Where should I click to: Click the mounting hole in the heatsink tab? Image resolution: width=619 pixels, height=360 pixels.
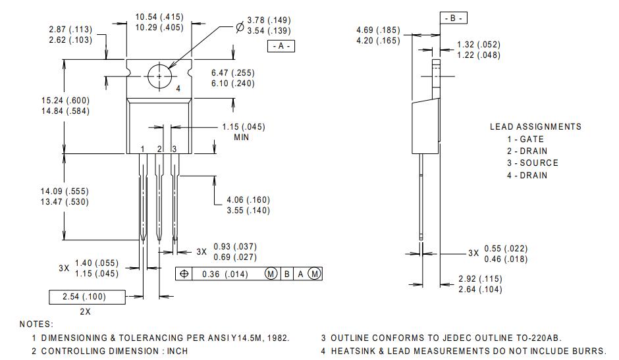point(159,76)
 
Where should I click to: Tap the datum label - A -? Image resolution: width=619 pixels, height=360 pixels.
point(281,46)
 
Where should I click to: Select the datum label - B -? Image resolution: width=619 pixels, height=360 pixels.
point(454,18)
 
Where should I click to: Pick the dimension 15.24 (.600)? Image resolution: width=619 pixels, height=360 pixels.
point(65,100)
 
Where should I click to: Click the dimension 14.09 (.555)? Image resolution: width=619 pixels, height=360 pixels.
point(65,191)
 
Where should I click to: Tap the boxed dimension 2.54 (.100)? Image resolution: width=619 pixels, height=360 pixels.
point(84,297)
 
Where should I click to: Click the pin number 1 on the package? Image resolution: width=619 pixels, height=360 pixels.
point(142,149)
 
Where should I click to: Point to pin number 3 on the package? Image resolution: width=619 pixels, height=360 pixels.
point(174,149)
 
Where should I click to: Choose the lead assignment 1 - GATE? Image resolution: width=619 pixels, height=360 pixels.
point(525,139)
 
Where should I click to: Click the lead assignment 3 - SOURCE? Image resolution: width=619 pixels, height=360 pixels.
point(532,163)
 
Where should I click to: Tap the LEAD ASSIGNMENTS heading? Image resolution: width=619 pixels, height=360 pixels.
point(535,126)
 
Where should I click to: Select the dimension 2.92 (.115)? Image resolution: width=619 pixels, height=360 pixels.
point(480,278)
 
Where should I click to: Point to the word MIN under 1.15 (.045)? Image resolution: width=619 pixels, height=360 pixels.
point(241,138)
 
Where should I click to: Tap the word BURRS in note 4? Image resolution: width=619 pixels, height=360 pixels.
point(590,351)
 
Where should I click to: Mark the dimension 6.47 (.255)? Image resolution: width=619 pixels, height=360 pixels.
point(233,72)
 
